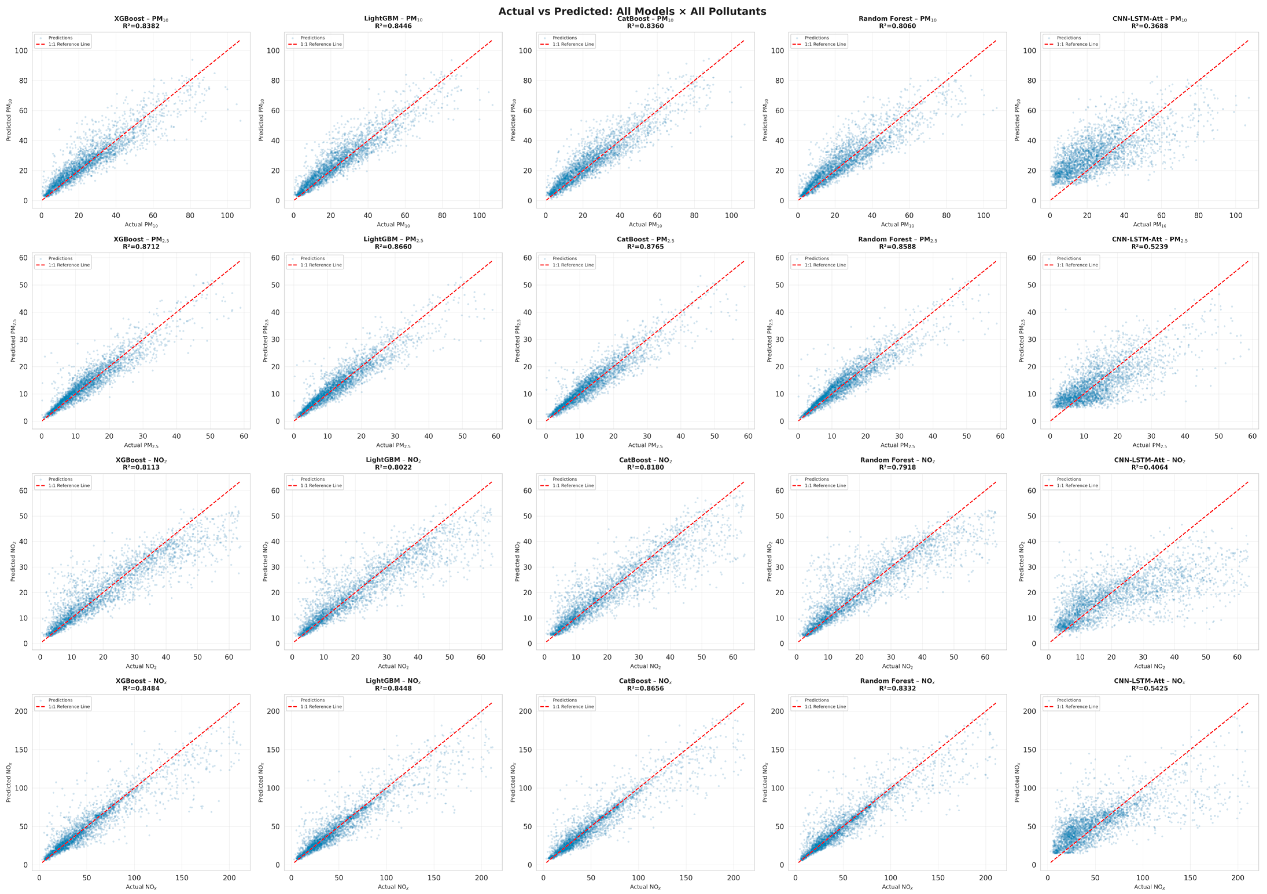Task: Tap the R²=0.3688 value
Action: click(x=1150, y=26)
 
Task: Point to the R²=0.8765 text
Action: click(x=645, y=247)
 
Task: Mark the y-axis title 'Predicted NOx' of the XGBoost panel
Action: click(x=9, y=782)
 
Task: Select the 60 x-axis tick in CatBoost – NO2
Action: click(x=733, y=657)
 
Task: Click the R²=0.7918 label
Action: click(x=897, y=468)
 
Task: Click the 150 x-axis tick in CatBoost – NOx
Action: click(x=686, y=878)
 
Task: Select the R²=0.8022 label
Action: click(x=393, y=468)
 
